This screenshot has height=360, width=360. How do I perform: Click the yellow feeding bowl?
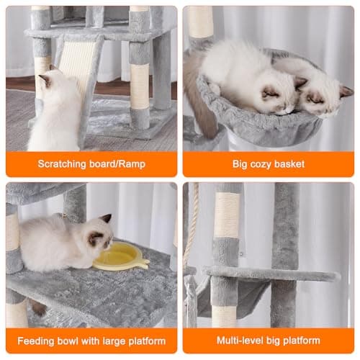pos(120,255)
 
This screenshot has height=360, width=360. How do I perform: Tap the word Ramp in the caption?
pos(132,164)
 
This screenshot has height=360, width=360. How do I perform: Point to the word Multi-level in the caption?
pos(240,341)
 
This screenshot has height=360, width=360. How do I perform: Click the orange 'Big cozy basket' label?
pos(268,164)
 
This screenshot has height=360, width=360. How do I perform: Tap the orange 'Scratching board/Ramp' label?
pos(91,164)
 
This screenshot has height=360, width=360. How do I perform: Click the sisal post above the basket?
pos(201,22)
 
